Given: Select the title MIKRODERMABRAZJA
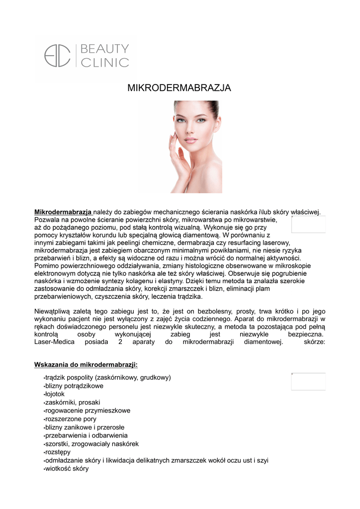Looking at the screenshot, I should point(180,88).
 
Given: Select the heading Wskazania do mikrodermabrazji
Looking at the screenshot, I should point(86,364).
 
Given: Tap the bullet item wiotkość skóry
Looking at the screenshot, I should point(67,468).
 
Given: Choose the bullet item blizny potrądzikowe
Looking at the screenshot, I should point(74,386).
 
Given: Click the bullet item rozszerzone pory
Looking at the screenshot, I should point(71,419).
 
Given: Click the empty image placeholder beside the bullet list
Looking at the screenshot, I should point(308,381).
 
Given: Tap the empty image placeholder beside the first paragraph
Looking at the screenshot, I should point(308,224).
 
